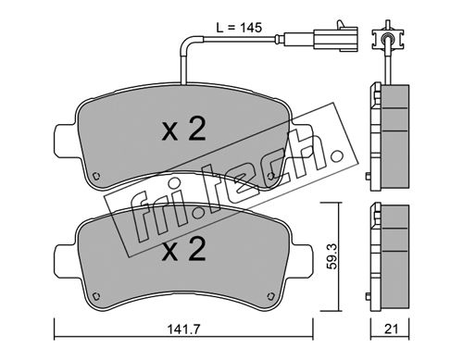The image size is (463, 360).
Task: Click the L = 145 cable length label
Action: click(239, 28)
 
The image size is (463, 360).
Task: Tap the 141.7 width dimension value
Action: click(184, 329)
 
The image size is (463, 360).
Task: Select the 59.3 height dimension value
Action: click(332, 256)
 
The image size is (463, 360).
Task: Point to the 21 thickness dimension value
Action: click(391, 329)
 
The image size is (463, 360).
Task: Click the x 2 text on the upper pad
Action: click(184, 130)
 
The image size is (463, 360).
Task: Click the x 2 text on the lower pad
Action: click(184, 250)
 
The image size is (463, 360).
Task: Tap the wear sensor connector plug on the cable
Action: click(336, 38)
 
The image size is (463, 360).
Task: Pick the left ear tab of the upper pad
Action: click(65, 141)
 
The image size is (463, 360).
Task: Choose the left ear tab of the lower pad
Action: click(65, 261)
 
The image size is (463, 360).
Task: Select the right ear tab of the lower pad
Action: click(302, 261)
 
